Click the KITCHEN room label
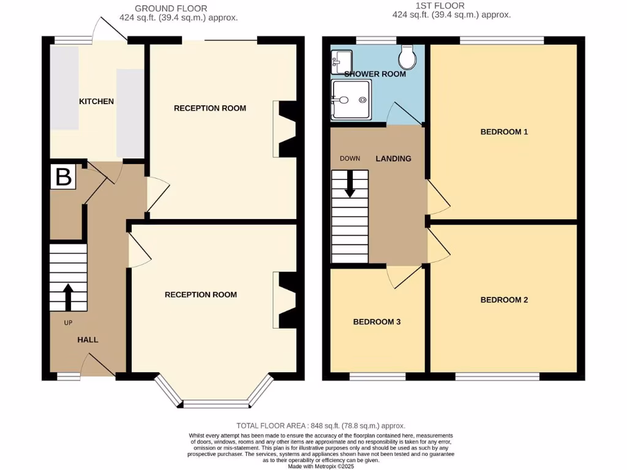96,101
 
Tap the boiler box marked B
64,177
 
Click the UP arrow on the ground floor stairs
67,296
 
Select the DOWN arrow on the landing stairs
350,184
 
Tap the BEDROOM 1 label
504,132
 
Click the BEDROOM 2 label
504,300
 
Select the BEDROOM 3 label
377,321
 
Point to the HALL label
88,340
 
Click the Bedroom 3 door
401,277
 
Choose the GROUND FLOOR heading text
171,9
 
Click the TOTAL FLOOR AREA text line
321,425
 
